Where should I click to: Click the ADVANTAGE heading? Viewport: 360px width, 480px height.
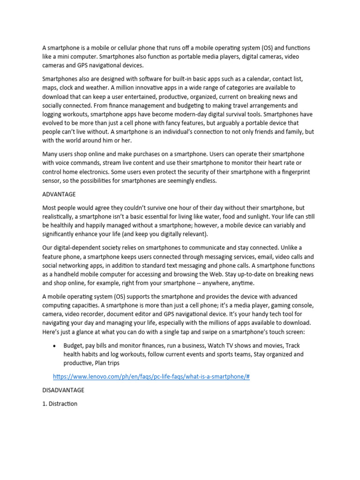pos(59,194)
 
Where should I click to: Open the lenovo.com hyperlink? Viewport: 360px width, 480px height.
pos(151,376)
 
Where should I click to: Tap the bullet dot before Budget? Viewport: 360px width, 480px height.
pos(55,345)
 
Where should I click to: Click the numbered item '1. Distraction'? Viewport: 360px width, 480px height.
pos(60,403)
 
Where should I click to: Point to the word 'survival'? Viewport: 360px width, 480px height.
pos(238,115)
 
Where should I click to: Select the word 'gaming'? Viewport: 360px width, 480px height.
pos(276,305)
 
